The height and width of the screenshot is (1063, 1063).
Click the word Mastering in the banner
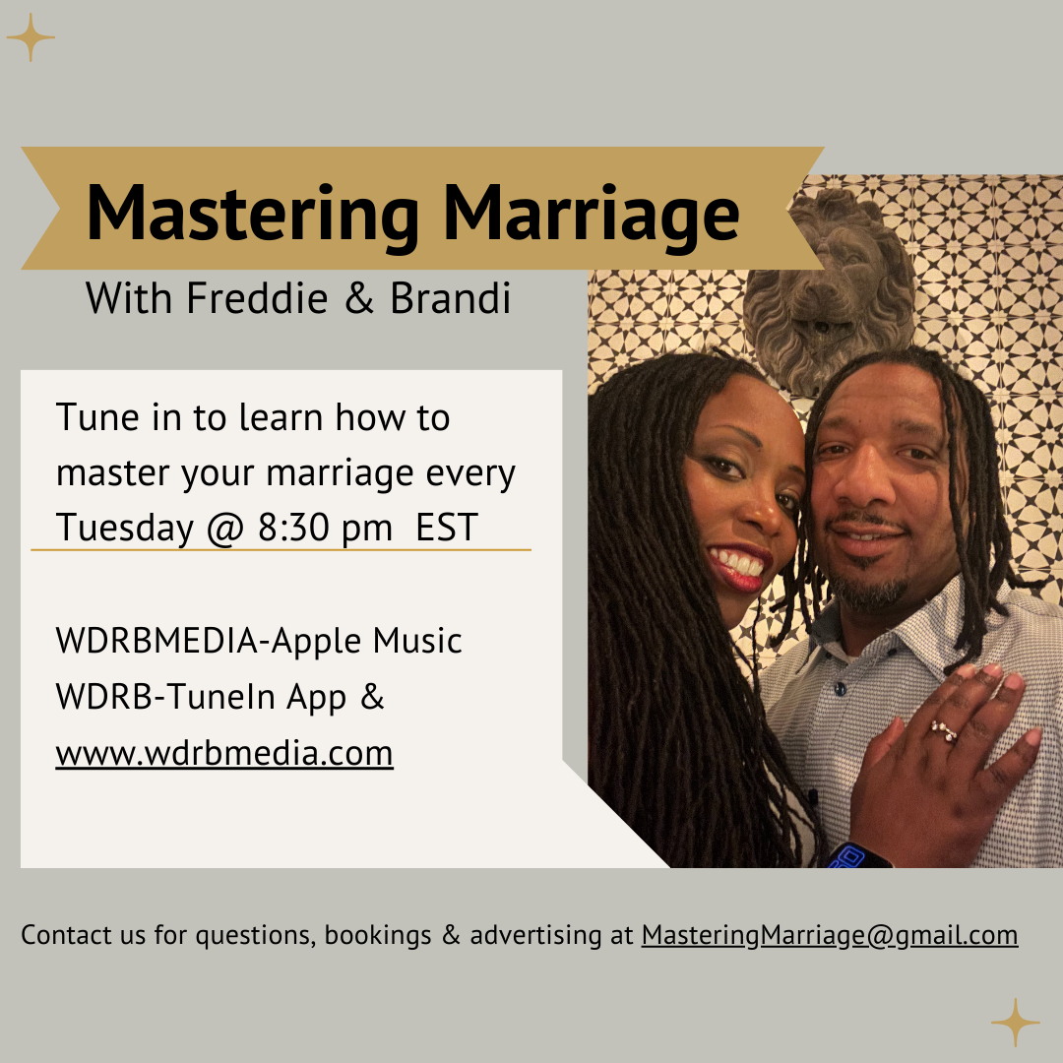tap(253, 216)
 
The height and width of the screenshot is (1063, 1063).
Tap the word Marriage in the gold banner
tap(591, 216)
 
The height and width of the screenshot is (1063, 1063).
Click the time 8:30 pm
tap(325, 529)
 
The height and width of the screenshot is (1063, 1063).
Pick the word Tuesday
tap(125, 529)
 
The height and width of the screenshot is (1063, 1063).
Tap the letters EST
tap(447, 528)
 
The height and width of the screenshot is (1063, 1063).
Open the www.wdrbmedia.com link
tap(224, 753)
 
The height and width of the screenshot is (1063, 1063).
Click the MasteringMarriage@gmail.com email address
tap(830, 936)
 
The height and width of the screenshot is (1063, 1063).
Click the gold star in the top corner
tap(31, 37)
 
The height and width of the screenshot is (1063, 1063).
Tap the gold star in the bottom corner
tap(1015, 1022)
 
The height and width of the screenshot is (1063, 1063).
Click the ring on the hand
tap(943, 730)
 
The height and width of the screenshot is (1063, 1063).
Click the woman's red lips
tap(739, 568)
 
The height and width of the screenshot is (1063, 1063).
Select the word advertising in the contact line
tap(535, 936)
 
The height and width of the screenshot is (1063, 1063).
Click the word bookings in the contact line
tap(378, 936)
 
